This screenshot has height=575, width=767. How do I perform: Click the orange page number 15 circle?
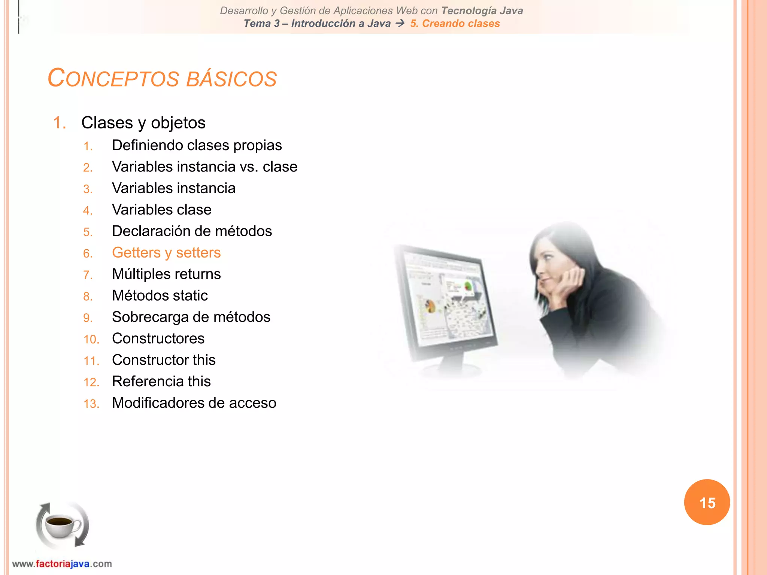point(707,502)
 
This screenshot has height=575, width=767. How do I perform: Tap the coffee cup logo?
point(62,525)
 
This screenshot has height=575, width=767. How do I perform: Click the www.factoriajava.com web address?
point(62,564)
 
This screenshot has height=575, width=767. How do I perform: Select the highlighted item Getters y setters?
point(166,253)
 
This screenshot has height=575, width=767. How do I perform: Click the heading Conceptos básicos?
point(162,78)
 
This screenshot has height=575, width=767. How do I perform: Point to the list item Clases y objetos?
point(143,123)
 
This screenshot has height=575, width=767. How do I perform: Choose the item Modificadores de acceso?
point(194,403)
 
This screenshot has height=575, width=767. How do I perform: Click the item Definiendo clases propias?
point(197,145)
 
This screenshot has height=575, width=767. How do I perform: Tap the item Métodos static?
point(160,296)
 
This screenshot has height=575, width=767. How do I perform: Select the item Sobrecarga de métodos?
point(191,317)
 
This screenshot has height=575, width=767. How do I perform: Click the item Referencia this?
point(161,381)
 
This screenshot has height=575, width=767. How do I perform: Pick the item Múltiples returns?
point(166,274)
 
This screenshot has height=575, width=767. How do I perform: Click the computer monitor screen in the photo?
point(448,299)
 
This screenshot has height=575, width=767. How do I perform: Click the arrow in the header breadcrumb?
point(400,24)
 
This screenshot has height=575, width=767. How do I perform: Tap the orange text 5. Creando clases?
point(455,24)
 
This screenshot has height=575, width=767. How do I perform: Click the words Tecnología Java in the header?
point(482,10)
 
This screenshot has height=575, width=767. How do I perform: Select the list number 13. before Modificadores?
point(91,404)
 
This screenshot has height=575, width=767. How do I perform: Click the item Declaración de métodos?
point(192,231)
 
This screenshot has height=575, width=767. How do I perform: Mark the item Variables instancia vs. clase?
point(204,167)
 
